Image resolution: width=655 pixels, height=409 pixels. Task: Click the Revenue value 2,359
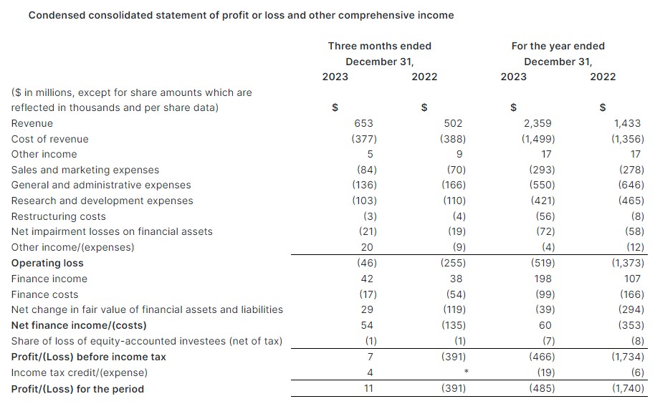(537, 123)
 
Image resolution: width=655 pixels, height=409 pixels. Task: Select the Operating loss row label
(47, 263)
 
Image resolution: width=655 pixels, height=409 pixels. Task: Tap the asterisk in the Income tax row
(466, 372)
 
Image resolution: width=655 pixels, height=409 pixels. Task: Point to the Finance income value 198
(542, 279)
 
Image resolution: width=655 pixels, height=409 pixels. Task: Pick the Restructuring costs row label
(58, 216)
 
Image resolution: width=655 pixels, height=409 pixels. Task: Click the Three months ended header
(379, 46)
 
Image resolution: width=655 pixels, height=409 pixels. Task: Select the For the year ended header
(558, 46)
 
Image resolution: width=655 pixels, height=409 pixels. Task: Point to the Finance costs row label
(44, 294)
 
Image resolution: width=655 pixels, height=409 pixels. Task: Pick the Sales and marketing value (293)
(541, 170)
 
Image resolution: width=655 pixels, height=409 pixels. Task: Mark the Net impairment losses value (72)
(544, 231)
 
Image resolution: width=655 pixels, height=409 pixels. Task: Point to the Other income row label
(44, 154)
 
